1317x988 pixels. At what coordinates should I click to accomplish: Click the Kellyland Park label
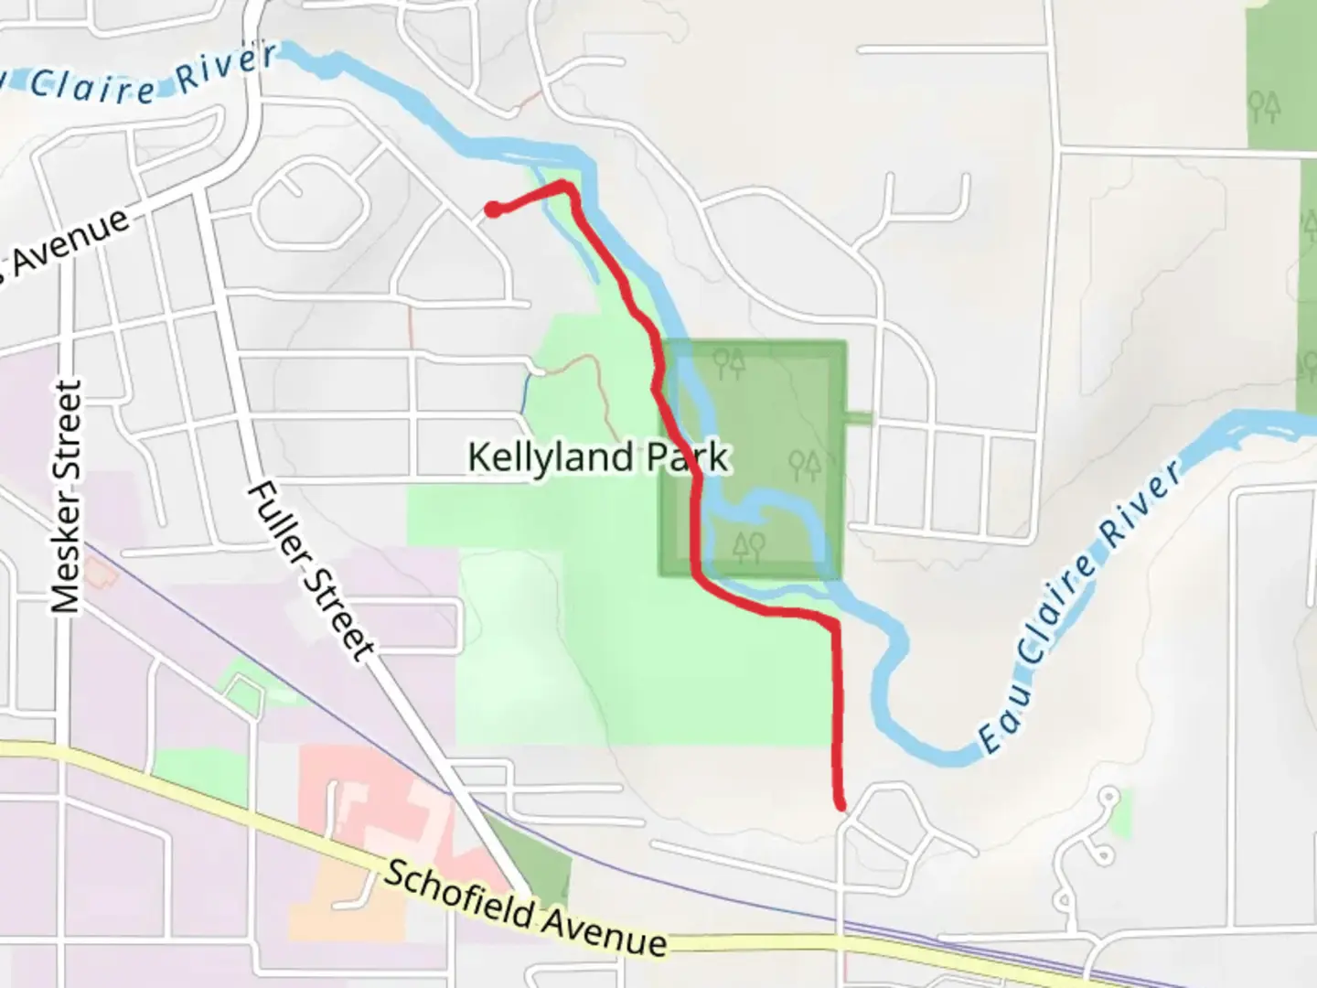pos(598,456)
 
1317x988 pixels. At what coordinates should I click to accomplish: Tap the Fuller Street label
pos(311,569)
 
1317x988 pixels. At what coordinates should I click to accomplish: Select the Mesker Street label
pos(67,499)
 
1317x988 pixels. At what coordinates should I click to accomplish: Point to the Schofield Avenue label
pos(524,907)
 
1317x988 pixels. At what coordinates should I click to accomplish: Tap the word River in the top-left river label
pos(226,69)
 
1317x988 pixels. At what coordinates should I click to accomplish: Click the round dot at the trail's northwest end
pos(492,209)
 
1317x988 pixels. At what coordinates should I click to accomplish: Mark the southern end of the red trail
pos(840,805)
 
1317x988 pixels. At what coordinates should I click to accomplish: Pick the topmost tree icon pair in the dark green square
pos(730,363)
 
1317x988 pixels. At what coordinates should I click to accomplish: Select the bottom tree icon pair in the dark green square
pos(748,547)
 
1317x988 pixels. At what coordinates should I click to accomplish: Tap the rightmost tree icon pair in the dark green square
pos(805,464)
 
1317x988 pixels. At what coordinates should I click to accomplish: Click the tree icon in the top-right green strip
pos(1266,107)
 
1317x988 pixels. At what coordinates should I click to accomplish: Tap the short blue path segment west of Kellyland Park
pos(526,392)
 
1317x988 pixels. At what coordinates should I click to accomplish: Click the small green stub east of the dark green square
pos(859,419)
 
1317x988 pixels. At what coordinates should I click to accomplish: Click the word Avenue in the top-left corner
pos(64,247)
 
